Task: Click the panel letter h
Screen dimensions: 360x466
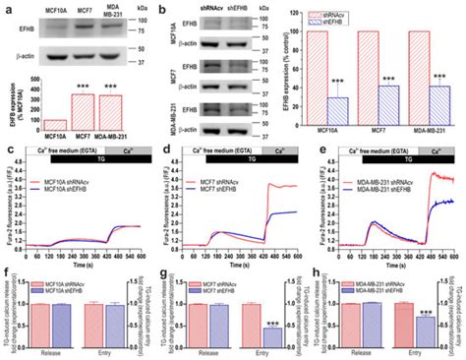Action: point(318,276)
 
